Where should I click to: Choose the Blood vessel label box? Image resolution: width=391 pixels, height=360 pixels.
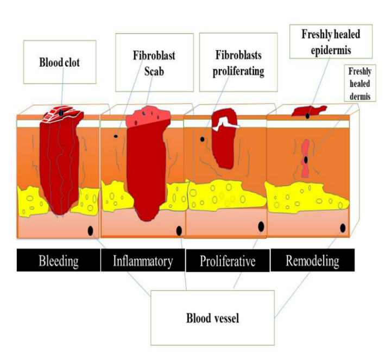coord(211,318)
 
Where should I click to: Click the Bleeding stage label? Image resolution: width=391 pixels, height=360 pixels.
coord(59,261)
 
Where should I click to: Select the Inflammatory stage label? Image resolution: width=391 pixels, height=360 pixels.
coord(143,261)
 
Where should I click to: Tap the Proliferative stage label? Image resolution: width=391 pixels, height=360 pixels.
coord(228,262)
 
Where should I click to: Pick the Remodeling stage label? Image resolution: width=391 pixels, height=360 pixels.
coord(312,261)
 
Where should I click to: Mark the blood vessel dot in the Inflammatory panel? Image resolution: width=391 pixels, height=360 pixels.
coord(178,232)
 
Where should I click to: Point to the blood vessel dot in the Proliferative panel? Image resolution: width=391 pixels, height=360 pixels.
coord(261,227)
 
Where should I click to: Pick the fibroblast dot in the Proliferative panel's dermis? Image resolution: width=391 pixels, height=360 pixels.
coord(203,139)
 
